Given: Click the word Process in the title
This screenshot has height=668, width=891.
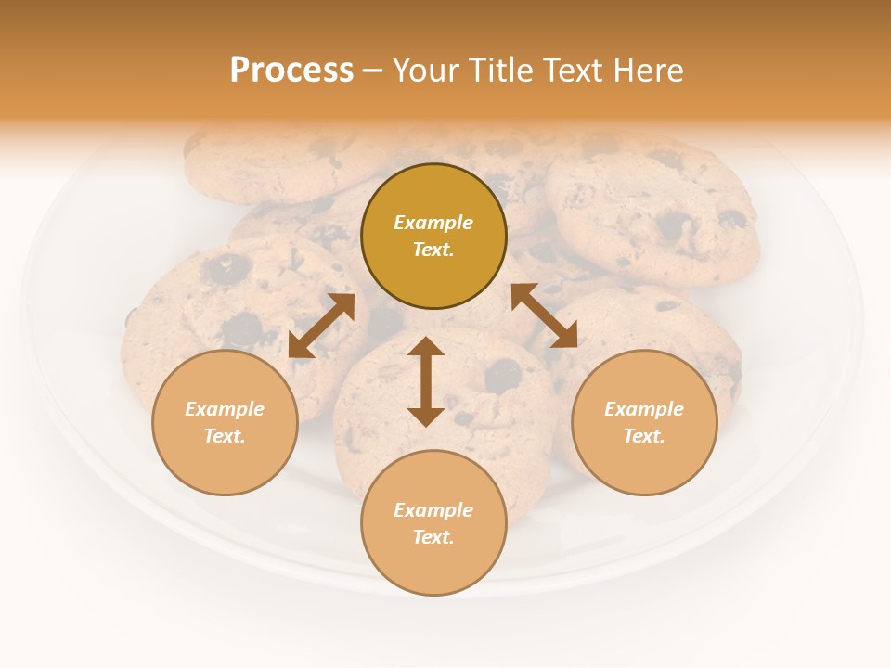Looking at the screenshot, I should point(291,71).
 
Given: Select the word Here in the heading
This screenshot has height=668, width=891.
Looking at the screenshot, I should point(647,71).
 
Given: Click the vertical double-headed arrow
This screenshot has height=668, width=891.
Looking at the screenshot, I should point(426,382).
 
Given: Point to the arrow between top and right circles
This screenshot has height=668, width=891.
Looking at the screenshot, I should point(545,316).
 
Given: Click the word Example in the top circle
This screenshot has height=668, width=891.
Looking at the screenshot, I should point(433,223).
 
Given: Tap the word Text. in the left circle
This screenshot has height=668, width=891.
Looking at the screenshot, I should point(225,436).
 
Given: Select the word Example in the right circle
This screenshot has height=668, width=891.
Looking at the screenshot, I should point(644,409).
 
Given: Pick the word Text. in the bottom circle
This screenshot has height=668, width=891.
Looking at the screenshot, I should point(433,537).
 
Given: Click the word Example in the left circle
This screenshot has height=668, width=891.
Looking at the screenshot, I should point(225,409).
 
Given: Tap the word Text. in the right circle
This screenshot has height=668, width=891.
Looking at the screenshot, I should point(644,436).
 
